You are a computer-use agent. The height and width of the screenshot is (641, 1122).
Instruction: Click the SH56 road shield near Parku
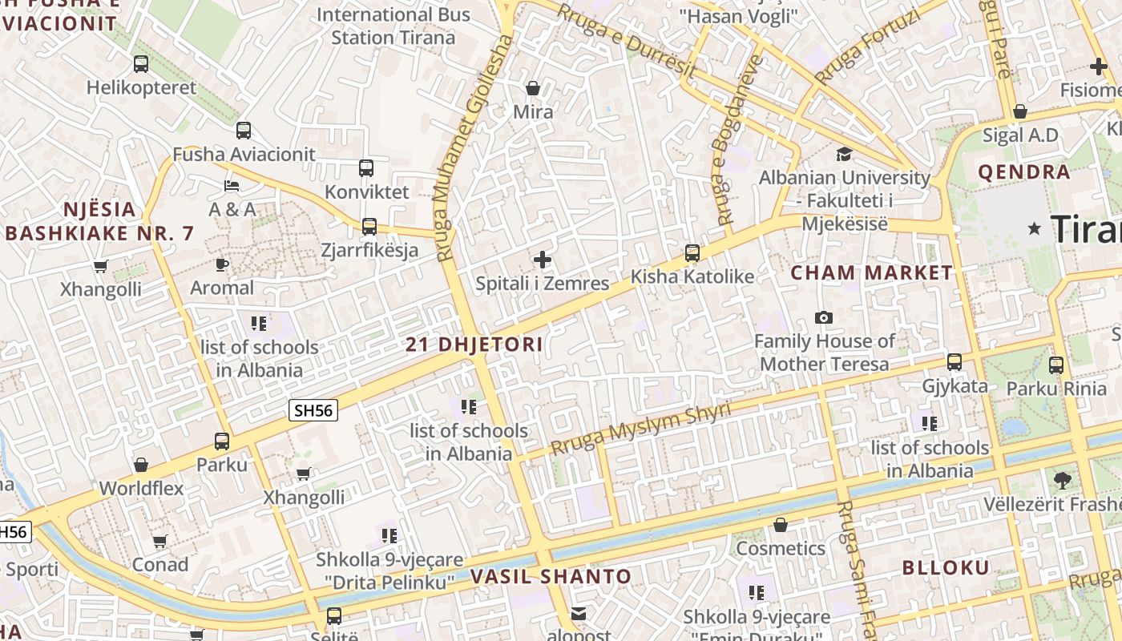(x=313, y=411)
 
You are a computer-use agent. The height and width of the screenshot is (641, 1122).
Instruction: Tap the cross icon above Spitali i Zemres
(x=543, y=260)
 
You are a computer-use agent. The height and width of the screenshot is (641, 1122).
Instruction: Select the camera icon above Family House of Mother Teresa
(x=823, y=318)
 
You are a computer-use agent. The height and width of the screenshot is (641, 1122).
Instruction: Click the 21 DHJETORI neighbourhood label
(x=474, y=345)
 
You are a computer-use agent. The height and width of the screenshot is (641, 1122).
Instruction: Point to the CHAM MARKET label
(x=872, y=272)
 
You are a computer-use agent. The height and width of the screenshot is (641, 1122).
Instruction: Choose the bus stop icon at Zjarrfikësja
(x=369, y=227)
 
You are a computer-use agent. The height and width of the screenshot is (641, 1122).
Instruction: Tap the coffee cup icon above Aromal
(x=222, y=264)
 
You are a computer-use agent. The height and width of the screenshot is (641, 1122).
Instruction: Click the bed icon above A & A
(x=232, y=186)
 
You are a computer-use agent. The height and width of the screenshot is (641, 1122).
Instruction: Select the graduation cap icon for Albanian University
(x=844, y=154)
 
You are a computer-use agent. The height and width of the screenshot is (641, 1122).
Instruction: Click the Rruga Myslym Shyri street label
(x=641, y=430)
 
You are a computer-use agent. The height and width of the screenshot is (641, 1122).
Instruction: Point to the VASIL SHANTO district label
(x=551, y=576)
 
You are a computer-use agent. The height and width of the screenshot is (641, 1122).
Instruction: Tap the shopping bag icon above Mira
(x=533, y=88)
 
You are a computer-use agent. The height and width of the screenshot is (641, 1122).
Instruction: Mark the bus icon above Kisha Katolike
(x=692, y=253)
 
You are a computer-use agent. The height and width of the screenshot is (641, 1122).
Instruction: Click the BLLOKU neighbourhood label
(x=946, y=568)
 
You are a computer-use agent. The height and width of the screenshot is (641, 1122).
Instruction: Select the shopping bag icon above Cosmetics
(x=781, y=525)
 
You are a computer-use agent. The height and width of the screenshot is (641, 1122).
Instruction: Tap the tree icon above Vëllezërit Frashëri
(x=1063, y=481)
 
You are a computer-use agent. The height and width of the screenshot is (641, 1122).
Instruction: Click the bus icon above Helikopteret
(x=141, y=64)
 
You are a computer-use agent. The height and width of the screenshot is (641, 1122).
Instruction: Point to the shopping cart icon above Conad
(x=159, y=542)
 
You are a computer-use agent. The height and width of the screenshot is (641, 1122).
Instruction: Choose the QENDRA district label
(x=1023, y=171)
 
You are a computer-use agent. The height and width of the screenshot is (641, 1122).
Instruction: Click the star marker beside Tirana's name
(x=1035, y=229)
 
